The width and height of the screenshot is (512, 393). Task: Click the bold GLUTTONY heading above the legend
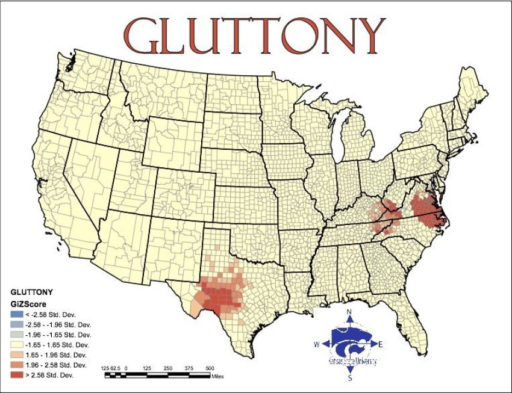[x=32, y=292]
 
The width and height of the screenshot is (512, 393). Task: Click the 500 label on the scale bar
[x=210, y=368]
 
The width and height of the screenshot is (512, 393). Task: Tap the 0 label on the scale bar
[x=126, y=368]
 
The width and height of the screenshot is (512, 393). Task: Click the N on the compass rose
[x=349, y=312]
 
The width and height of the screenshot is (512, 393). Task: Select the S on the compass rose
[x=349, y=379]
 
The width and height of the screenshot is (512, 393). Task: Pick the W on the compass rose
[x=316, y=344]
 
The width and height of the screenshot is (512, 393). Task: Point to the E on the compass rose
[x=381, y=344]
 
